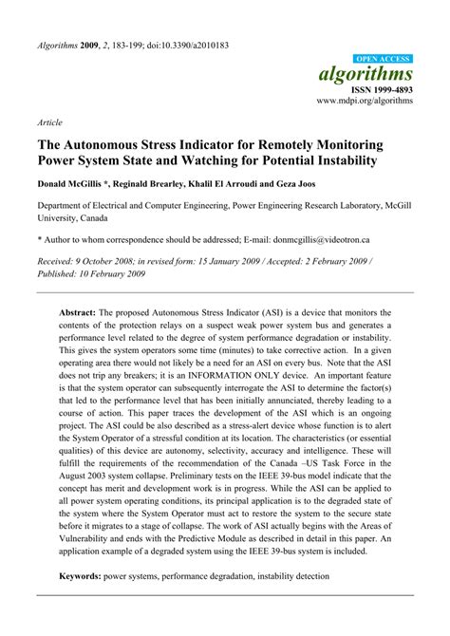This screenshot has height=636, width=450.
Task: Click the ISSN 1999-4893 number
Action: (383, 89)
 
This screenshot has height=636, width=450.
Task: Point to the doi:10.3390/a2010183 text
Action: (181, 46)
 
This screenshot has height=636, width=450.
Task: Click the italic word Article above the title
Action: (49, 123)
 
